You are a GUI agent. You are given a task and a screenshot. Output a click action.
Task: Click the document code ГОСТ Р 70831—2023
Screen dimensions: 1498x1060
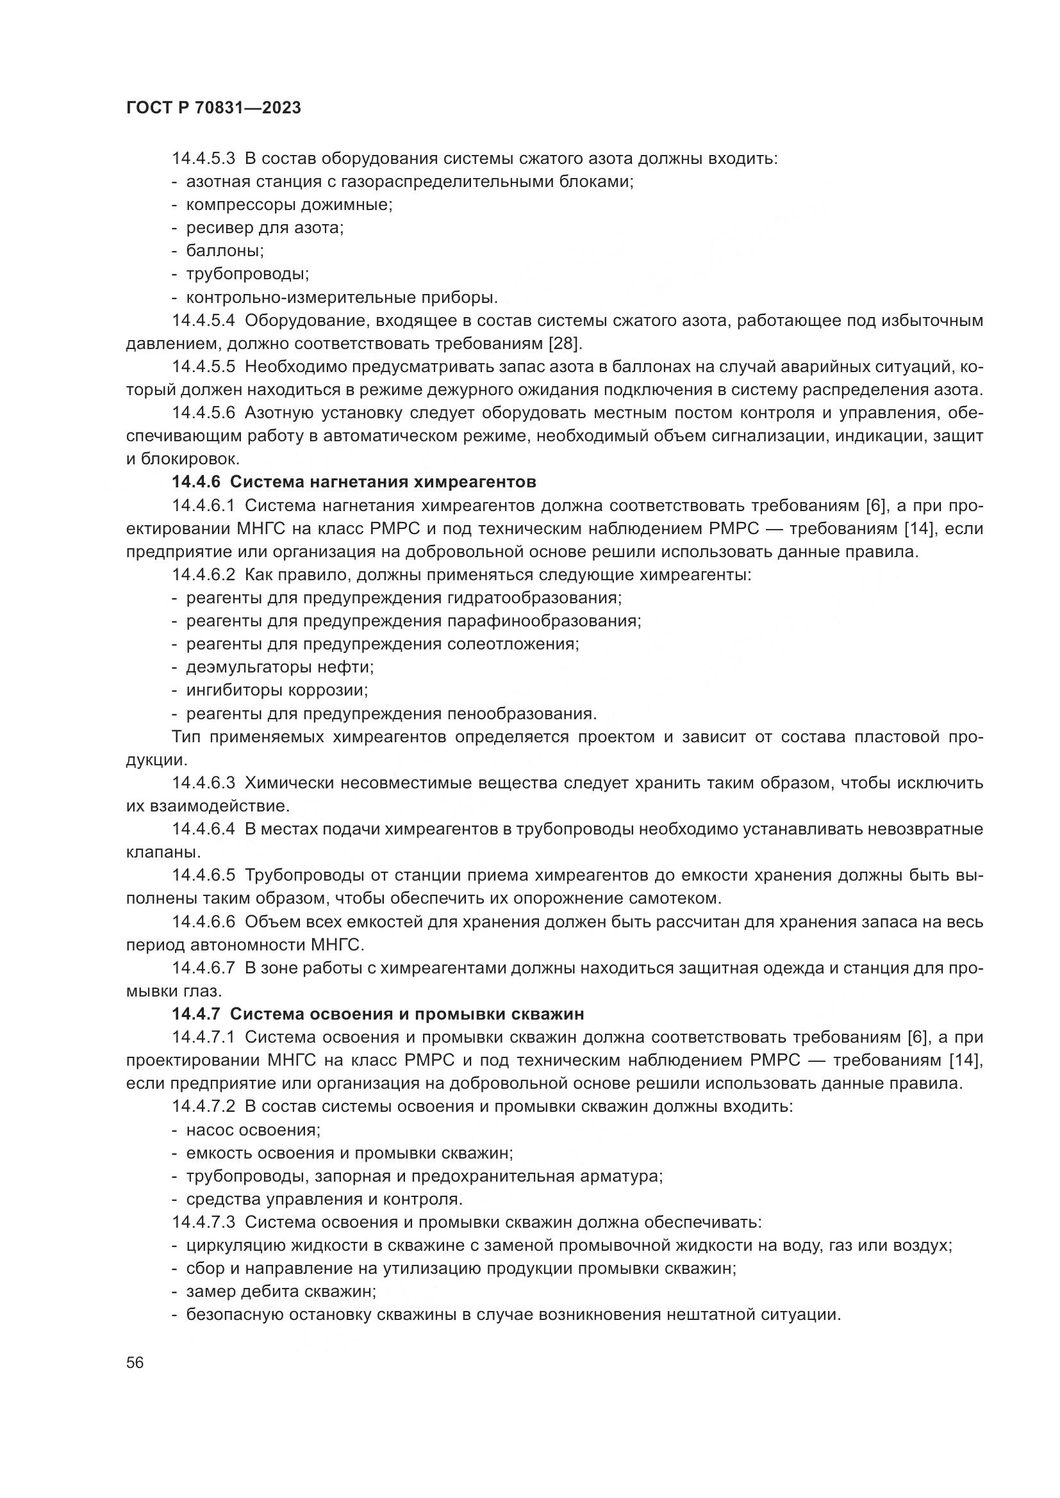click(213, 108)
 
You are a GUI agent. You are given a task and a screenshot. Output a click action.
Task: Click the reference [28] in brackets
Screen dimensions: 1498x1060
click(567, 343)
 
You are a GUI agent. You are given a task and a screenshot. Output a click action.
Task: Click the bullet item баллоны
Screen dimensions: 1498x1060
click(224, 250)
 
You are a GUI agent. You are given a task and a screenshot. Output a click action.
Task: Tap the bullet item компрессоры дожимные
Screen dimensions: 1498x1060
click(289, 205)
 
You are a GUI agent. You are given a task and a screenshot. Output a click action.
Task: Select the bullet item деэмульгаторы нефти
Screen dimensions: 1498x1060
click(280, 667)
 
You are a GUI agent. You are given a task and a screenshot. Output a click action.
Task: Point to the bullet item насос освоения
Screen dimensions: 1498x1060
click(253, 1129)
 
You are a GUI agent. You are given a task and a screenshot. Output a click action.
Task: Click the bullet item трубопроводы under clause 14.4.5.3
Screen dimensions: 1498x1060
click(247, 274)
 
